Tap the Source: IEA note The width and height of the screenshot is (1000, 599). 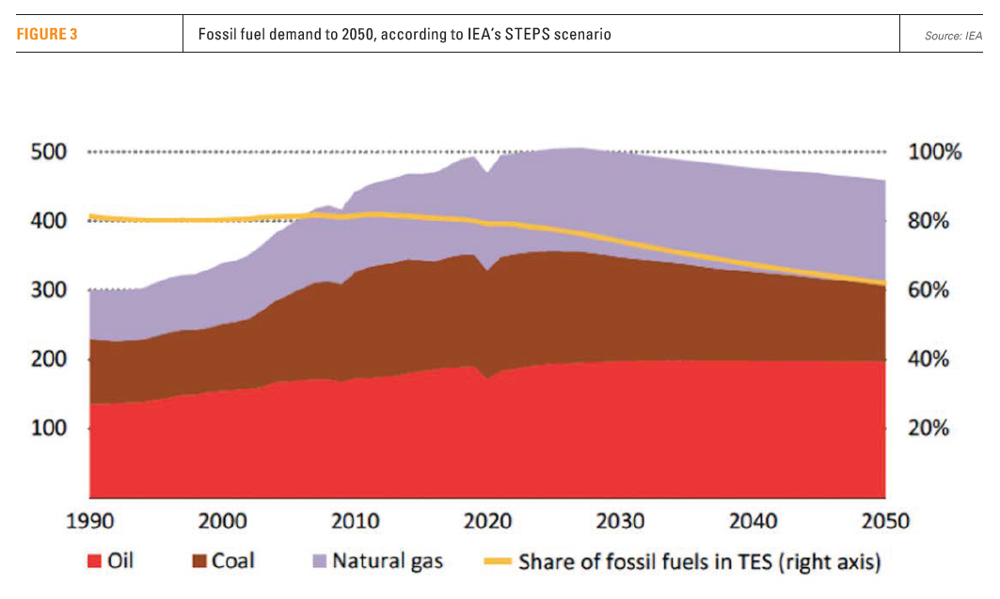pyautogui.click(x=953, y=36)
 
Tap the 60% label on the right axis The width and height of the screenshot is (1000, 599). pyautogui.click(x=929, y=290)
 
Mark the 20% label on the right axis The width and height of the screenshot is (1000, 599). pyautogui.click(x=929, y=428)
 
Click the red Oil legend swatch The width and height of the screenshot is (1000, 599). pyautogui.click(x=94, y=562)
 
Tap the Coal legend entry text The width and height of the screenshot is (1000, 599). pyautogui.click(x=232, y=562)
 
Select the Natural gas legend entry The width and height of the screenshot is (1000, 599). pyautogui.click(x=387, y=562)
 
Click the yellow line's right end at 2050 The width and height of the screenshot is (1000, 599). pyautogui.click(x=883, y=282)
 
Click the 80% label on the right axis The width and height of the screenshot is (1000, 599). pyautogui.click(x=929, y=221)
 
